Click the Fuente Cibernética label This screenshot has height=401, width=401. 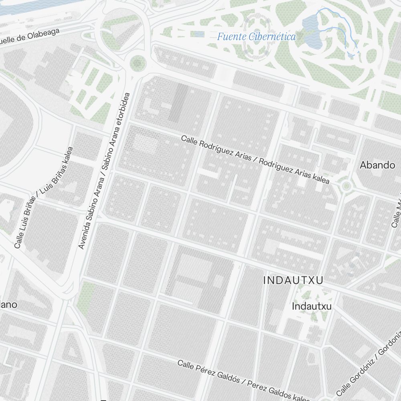tap(256, 37)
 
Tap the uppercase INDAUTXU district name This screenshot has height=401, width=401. tap(293, 281)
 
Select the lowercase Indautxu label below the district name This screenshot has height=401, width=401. tap(312, 306)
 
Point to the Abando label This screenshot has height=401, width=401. tap(377, 165)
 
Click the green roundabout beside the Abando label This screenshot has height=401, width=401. tap(346, 186)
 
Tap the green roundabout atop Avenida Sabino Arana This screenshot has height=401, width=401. tap(138, 63)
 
